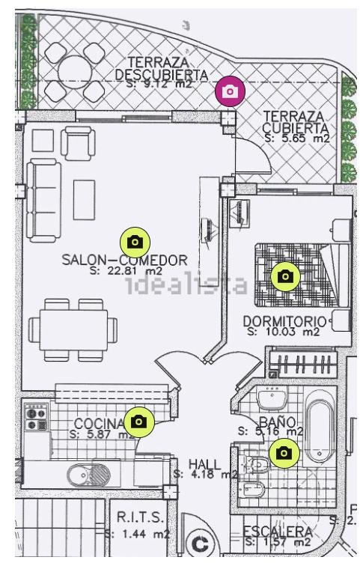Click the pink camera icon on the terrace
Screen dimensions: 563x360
[231, 91]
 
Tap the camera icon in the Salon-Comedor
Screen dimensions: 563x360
[135, 241]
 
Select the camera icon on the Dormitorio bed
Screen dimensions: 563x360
[284, 276]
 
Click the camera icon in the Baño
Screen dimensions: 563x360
[284, 452]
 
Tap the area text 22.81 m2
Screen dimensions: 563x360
[125, 271]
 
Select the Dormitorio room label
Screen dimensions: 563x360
[284, 321]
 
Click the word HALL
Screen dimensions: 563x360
[204, 464]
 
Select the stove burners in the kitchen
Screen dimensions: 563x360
[36, 418]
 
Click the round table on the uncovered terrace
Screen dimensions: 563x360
[76, 70]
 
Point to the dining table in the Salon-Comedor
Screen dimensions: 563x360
[74, 326]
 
